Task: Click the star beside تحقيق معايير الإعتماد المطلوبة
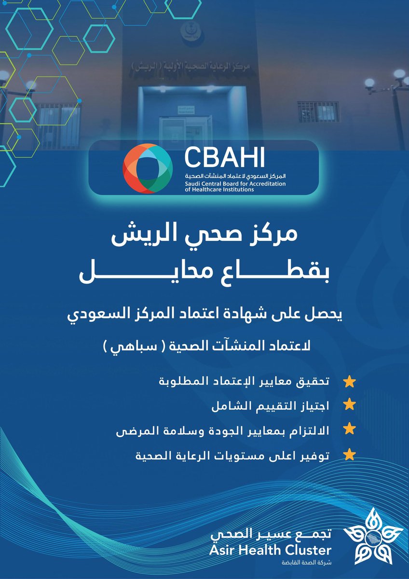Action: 350,383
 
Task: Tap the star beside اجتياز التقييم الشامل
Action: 350,406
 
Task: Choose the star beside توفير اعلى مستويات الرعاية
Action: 350,455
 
